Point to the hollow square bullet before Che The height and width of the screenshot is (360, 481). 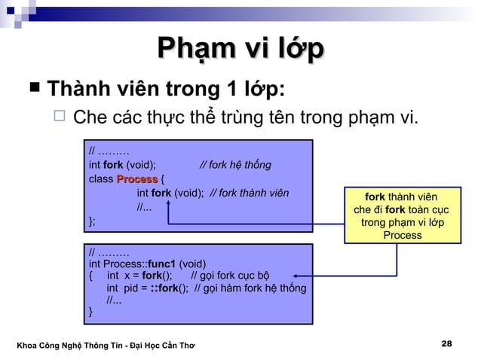click(x=62, y=117)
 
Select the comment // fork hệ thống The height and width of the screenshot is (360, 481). click(x=235, y=165)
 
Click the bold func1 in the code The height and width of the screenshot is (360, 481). click(x=162, y=264)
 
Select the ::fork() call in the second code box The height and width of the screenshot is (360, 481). click(x=167, y=288)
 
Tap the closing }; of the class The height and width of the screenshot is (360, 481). click(x=92, y=221)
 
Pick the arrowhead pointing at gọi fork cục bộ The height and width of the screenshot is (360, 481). click(x=296, y=276)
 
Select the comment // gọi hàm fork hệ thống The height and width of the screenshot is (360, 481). click(x=250, y=288)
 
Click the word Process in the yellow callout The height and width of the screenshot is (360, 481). click(x=402, y=235)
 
